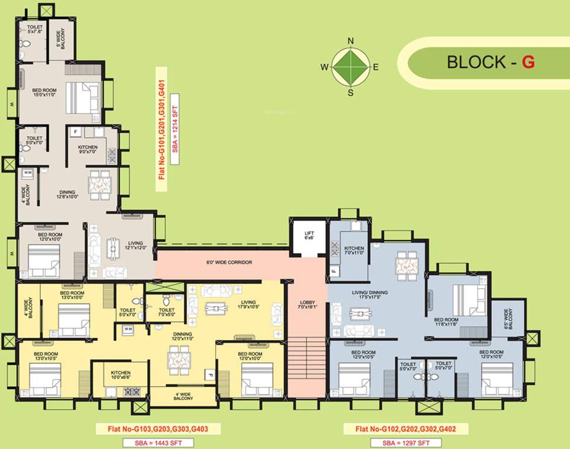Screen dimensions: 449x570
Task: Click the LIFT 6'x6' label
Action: click(x=310, y=236)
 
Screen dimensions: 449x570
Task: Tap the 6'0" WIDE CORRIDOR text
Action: click(x=229, y=263)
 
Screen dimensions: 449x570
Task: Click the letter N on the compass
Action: click(x=351, y=41)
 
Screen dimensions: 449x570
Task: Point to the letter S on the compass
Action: click(x=350, y=92)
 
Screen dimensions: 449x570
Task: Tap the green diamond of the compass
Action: click(x=350, y=67)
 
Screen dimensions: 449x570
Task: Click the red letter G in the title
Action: click(x=528, y=62)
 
